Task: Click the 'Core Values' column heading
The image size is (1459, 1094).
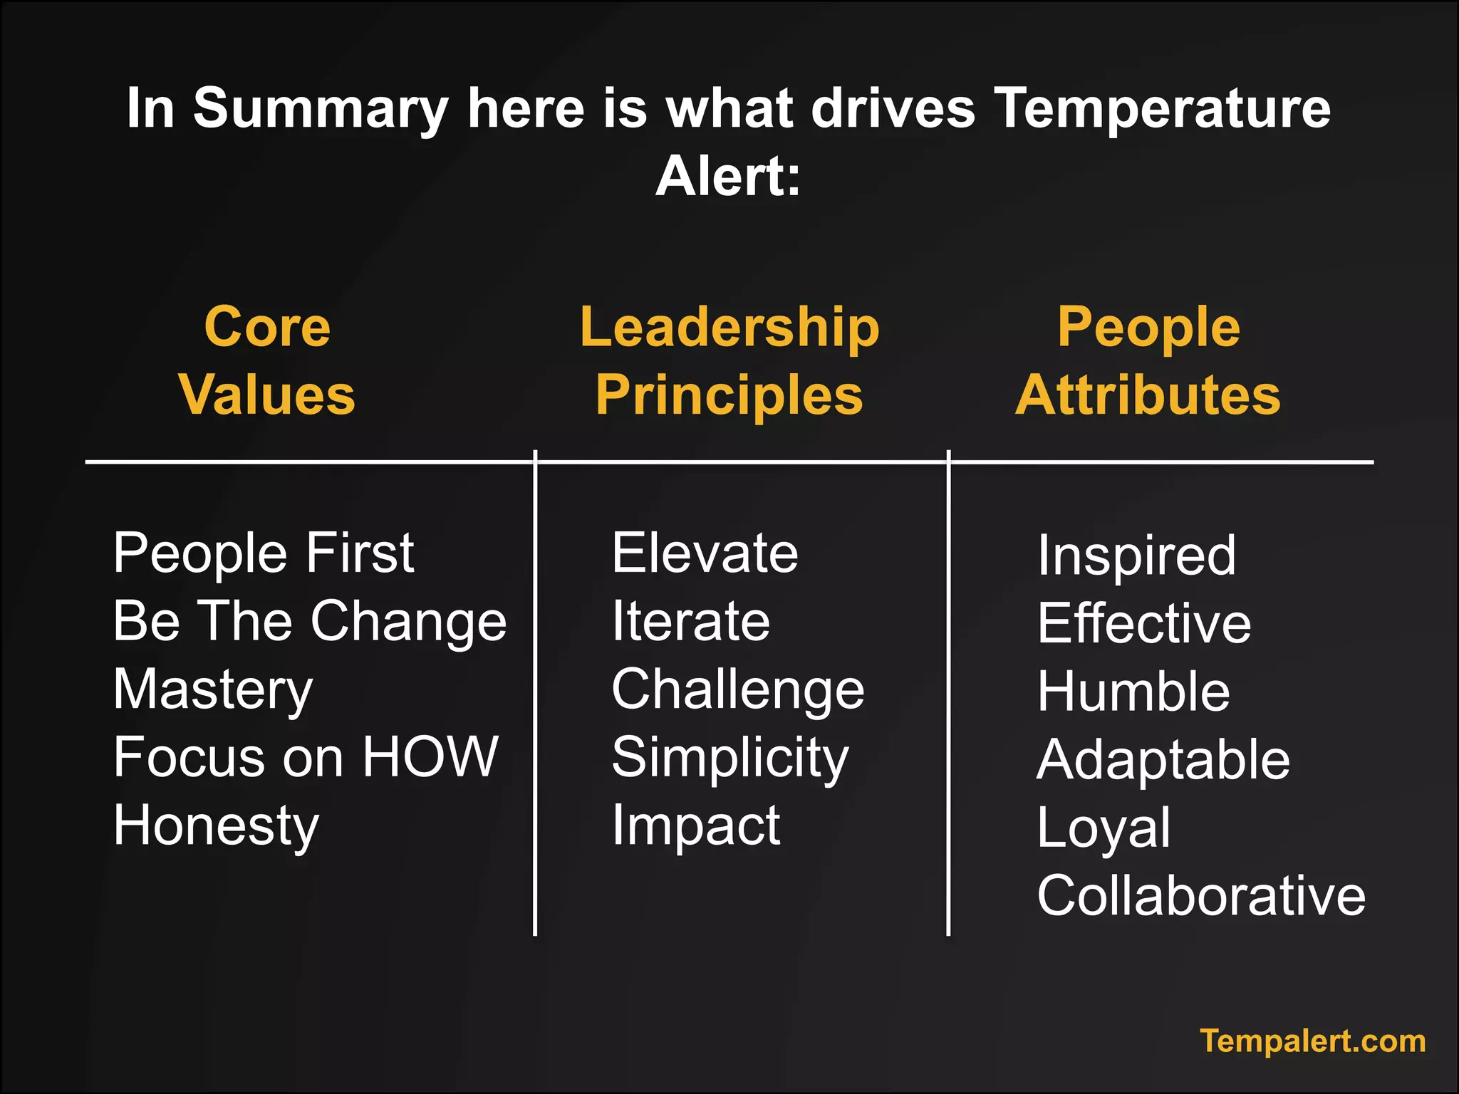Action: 267,360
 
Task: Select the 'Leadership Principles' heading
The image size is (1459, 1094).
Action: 729,360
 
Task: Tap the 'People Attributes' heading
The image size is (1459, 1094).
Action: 1148,360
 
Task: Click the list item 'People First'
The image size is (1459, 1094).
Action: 264,553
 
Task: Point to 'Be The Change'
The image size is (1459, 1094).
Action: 309,621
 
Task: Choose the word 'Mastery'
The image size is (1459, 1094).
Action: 213,689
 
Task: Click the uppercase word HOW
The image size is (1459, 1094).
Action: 430,756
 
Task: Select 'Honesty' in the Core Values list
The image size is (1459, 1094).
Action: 216,825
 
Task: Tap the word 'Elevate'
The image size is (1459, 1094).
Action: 705,553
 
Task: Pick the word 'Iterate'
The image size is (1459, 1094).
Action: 691,621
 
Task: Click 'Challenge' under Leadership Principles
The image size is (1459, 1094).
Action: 738,689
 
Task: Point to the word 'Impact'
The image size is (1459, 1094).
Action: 696,825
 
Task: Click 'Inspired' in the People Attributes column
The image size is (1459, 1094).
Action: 1136,556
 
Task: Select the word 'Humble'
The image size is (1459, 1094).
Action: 1133,692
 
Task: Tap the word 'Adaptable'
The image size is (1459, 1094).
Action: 1163,760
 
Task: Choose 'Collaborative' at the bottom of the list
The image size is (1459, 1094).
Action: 1201,895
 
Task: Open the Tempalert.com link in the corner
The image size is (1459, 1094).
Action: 1312,1041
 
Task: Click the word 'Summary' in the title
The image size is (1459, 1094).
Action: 321,108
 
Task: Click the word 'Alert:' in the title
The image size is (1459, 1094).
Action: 728,176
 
